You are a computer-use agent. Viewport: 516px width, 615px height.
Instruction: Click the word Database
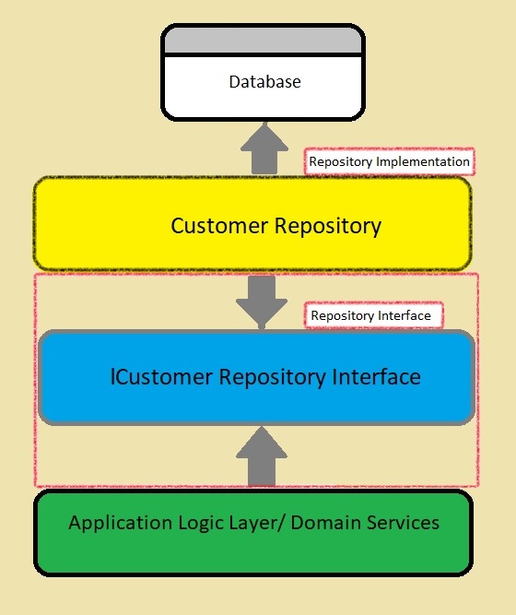click(264, 81)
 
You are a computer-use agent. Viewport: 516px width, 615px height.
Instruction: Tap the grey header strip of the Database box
click(263, 40)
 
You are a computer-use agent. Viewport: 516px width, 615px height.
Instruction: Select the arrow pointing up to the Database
click(264, 148)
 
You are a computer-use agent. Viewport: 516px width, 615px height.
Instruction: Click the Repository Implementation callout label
click(390, 161)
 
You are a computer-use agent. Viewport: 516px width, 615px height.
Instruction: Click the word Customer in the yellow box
click(219, 226)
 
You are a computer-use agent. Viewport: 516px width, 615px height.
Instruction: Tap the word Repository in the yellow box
click(327, 227)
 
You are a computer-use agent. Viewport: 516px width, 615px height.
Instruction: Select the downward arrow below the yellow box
click(262, 302)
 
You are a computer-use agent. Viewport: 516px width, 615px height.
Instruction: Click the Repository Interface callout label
click(374, 315)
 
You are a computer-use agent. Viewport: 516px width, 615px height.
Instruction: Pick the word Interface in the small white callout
click(405, 315)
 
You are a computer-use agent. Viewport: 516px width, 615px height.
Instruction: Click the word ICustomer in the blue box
click(161, 377)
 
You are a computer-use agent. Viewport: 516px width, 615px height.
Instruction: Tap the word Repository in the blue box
click(272, 378)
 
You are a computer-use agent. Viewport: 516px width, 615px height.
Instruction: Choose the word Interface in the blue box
click(377, 377)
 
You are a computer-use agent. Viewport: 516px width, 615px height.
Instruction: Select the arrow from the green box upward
click(262, 456)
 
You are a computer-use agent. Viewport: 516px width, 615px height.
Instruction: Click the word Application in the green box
click(121, 524)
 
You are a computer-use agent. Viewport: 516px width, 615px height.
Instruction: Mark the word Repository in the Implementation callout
click(340, 162)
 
